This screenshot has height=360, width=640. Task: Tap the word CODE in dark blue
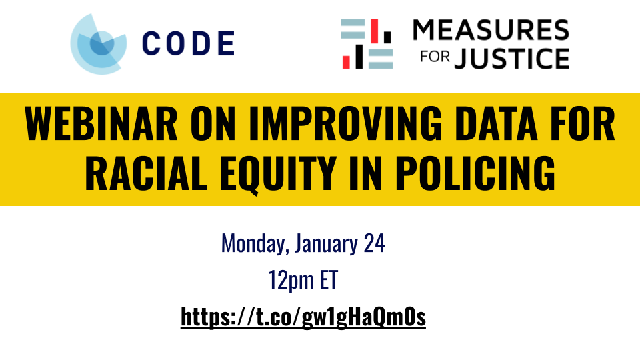[188, 44]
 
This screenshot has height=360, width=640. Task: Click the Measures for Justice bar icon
[366, 44]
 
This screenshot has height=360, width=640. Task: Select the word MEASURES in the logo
[491, 30]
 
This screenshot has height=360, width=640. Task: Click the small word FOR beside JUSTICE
[435, 60]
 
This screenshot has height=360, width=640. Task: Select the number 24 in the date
[373, 244]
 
